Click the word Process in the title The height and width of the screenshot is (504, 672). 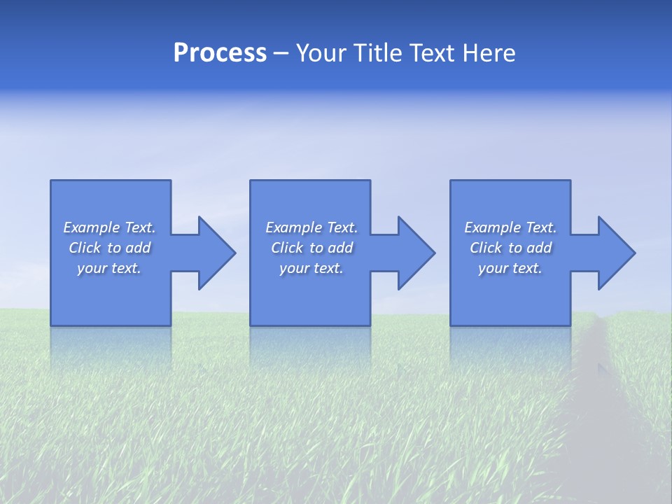[220, 53]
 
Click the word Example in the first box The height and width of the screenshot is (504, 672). [92, 227]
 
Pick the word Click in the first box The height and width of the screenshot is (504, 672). [85, 248]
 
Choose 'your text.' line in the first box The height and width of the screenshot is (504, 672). [109, 268]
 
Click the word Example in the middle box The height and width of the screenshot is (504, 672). [294, 227]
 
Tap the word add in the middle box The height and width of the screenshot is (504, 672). [340, 248]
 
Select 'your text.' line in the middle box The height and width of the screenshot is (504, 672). [311, 268]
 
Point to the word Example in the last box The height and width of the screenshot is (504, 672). [493, 227]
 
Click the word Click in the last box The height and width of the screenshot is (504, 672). [486, 248]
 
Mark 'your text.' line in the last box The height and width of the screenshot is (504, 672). [510, 268]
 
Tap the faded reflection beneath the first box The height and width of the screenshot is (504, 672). [111, 346]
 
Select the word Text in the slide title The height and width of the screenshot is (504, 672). [430, 53]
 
